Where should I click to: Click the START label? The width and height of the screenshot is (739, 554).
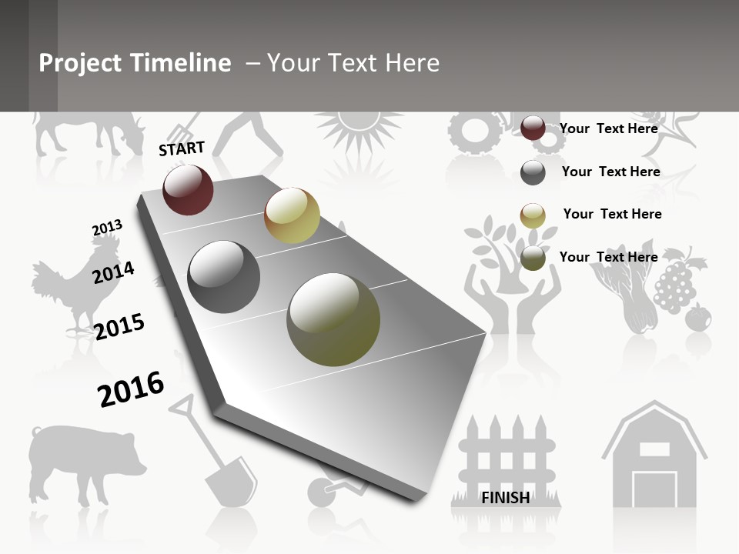pyautogui.click(x=182, y=149)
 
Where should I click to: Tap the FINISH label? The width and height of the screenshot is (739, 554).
pyautogui.click(x=505, y=497)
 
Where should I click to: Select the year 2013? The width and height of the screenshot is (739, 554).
pyautogui.click(x=107, y=228)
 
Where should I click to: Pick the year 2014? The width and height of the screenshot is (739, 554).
pyautogui.click(x=113, y=272)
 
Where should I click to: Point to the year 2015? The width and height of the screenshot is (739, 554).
pyautogui.click(x=119, y=326)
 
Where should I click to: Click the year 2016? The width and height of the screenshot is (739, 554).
pyautogui.click(x=131, y=389)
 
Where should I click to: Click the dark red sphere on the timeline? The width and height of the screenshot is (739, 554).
pyautogui.click(x=188, y=189)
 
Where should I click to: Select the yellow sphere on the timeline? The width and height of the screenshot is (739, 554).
pyautogui.click(x=292, y=215)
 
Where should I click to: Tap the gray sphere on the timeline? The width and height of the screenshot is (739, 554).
pyautogui.click(x=223, y=277)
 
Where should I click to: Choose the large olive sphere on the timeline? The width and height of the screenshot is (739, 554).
pyautogui.click(x=333, y=319)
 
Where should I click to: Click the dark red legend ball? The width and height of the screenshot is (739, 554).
pyautogui.click(x=533, y=128)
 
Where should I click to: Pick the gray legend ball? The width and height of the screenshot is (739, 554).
pyautogui.click(x=533, y=172)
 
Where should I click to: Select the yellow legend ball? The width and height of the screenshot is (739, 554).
pyautogui.click(x=533, y=215)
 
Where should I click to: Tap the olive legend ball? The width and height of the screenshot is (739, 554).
pyautogui.click(x=533, y=258)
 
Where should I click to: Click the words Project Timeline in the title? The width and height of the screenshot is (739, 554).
pyautogui.click(x=135, y=63)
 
